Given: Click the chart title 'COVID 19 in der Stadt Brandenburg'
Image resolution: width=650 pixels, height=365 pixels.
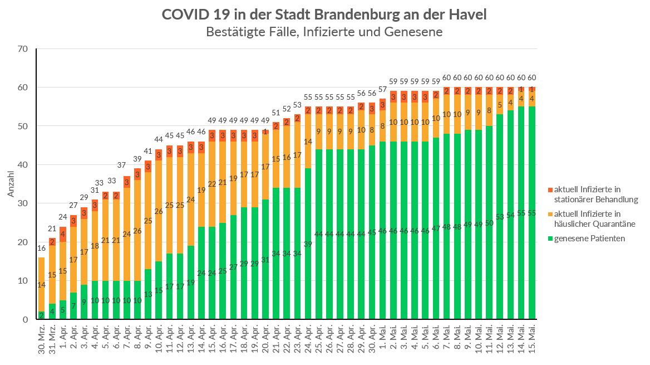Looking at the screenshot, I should coord(324,14).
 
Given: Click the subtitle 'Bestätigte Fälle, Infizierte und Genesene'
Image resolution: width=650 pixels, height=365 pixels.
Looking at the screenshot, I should coord(324,32).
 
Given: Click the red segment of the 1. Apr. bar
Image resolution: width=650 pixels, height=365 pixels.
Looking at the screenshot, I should coord(63,234).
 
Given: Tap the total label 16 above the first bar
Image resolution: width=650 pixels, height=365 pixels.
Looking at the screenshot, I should coord(41,248).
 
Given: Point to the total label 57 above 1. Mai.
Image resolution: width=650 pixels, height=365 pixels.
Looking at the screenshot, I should coord(383,89).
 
